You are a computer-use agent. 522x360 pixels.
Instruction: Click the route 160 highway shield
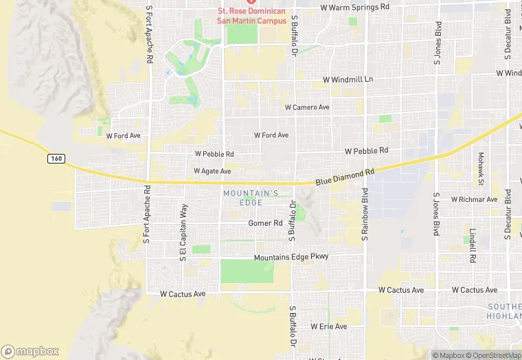pyautogui.click(x=56, y=159)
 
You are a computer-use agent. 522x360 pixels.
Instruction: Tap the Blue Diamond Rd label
pyautogui.click(x=345, y=177)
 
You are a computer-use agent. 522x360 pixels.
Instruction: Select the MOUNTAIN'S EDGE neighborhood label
pyautogui.click(x=250, y=198)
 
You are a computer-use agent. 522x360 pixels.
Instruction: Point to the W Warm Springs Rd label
pyautogui.click(x=354, y=8)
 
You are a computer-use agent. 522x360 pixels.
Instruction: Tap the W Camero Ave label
pyautogui.click(x=307, y=108)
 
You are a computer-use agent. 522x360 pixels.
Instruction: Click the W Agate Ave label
pyautogui.click(x=212, y=171)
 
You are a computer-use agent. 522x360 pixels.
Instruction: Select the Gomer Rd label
pyautogui.click(x=265, y=223)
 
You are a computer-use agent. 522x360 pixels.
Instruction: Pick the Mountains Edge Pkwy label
pyautogui.click(x=291, y=257)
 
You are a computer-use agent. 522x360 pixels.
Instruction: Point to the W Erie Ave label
pyautogui.click(x=328, y=326)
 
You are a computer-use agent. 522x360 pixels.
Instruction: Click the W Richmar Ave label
pyautogui.click(x=474, y=199)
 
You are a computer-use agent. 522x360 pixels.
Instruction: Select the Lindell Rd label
pyautogui.click(x=473, y=246)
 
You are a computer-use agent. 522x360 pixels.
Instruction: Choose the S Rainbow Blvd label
pyautogui.click(x=365, y=214)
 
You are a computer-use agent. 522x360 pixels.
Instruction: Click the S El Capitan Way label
pyautogui.click(x=183, y=234)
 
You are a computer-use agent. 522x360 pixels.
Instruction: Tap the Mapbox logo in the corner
pyautogui.click(x=30, y=351)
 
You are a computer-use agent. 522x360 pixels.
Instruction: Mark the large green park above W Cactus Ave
pyautogui.click(x=247, y=271)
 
